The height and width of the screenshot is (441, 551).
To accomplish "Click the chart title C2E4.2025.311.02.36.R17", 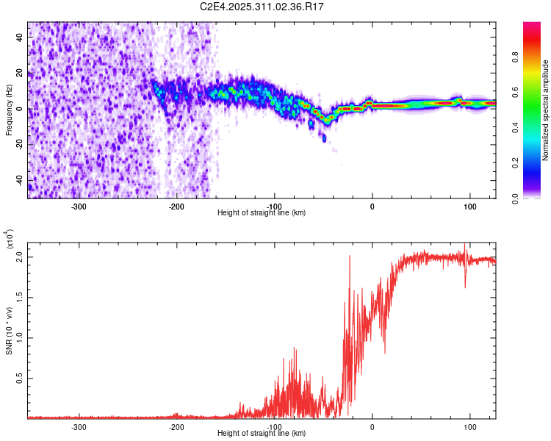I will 262,7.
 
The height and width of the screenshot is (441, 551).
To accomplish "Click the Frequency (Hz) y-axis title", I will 10,110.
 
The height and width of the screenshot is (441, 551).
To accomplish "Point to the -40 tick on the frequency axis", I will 20,180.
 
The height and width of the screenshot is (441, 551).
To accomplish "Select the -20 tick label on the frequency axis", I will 20,145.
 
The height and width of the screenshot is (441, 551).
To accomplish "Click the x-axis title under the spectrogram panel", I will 262,212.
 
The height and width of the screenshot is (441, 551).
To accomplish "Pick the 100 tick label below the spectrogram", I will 469,206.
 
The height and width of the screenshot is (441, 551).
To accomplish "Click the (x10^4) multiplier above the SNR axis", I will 10,238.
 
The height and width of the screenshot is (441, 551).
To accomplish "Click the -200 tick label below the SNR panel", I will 176,426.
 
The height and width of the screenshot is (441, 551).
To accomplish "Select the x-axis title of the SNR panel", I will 262,433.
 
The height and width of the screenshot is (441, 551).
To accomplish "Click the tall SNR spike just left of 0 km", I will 349,257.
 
